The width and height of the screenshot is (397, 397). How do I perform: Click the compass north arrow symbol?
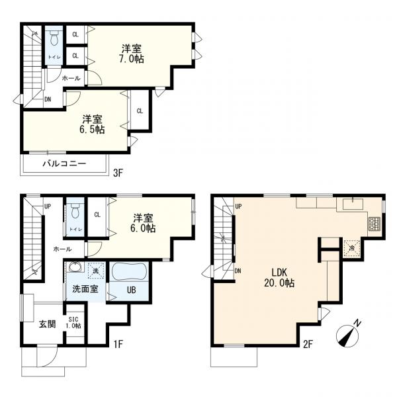pyautogui.click(x=348, y=335)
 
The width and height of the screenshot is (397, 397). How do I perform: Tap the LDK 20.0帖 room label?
pyautogui.click(x=279, y=278)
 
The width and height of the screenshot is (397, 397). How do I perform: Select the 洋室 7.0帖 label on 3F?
pyautogui.click(x=132, y=54)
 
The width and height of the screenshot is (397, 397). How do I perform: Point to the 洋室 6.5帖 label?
pyautogui.click(x=92, y=124)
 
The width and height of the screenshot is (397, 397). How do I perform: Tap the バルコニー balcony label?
pyautogui.click(x=64, y=163)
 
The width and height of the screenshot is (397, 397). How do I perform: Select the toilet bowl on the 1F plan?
pyautogui.click(x=75, y=211)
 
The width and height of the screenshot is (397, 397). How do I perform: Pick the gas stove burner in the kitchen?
pyautogui.click(x=373, y=224)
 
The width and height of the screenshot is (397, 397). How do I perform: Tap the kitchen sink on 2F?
pyautogui.click(x=353, y=203)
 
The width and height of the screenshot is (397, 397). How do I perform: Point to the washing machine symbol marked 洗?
pyautogui.click(x=96, y=271)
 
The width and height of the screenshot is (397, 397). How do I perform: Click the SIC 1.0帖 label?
pyautogui.click(x=73, y=323)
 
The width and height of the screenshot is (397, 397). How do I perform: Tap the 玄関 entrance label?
pyautogui.click(x=48, y=324)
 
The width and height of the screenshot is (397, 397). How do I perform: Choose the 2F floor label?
pyautogui.click(x=308, y=344)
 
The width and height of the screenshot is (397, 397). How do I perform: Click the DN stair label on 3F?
pyautogui.click(x=48, y=99)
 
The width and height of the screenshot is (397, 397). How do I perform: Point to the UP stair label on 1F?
pyautogui.click(x=48, y=206)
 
